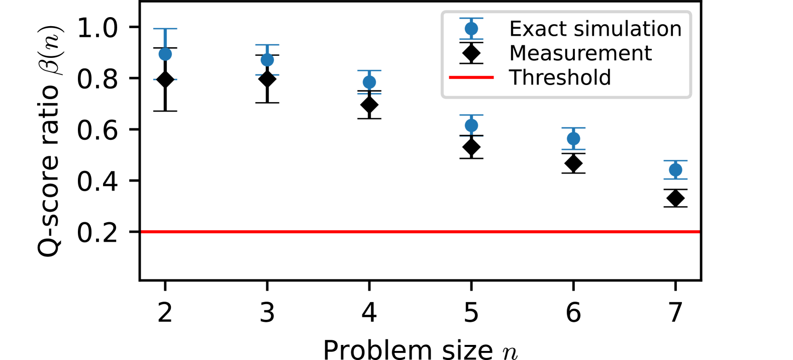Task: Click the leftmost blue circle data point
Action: pos(165,54)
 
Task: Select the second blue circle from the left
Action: pos(267,60)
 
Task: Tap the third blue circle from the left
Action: pos(369,82)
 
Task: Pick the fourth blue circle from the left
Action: pos(471,125)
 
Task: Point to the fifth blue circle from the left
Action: pos(573,138)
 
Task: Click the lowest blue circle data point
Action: pos(675,170)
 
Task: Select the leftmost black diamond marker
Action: pos(165,79)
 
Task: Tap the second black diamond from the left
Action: pos(267,79)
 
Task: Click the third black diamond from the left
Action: pos(369,105)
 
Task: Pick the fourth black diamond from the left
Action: pos(471,147)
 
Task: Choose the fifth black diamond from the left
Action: pos(573,163)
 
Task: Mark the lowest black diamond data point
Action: pos(675,198)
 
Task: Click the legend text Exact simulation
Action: pos(595,29)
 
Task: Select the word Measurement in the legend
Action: pos(580,53)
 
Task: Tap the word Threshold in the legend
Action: pos(560,77)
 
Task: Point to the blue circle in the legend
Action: pos(471,29)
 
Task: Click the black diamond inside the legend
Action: pos(471,53)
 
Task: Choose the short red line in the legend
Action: pos(471,77)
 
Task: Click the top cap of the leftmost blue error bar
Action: pos(165,29)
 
